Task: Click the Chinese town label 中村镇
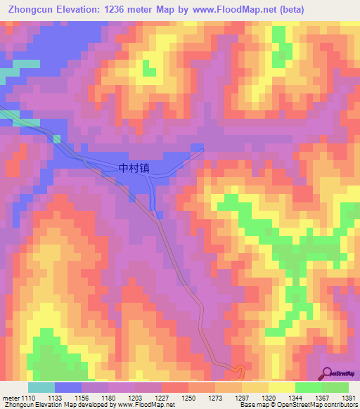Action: click(x=134, y=169)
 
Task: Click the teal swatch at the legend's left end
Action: click(x=41, y=387)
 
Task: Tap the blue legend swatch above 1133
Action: click(x=68, y=387)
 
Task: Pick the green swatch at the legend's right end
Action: click(x=335, y=387)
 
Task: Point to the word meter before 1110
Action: click(x=10, y=398)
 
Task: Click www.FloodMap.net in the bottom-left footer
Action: click(x=147, y=405)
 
